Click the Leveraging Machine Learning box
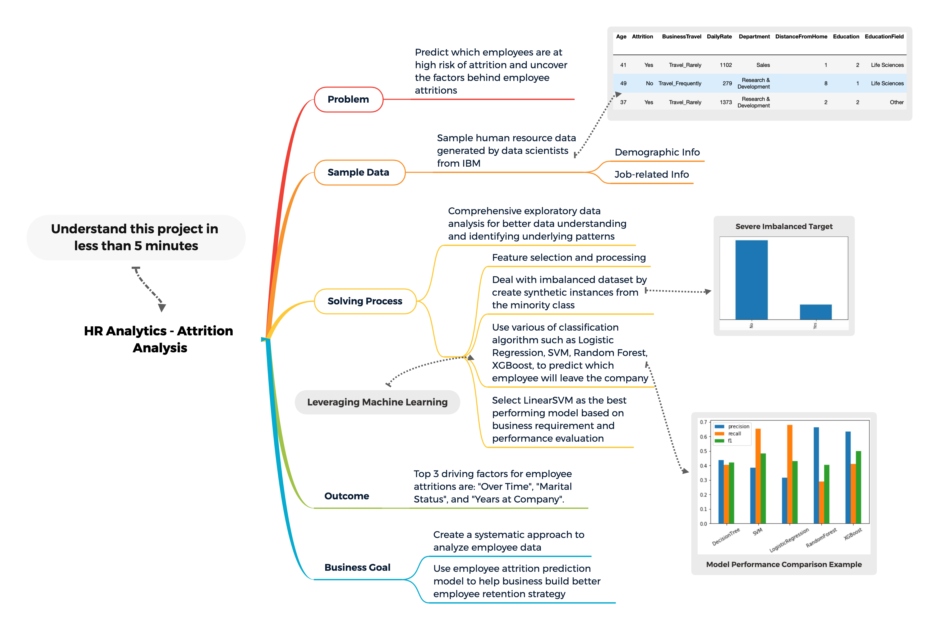pos(377,402)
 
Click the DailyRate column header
pos(719,36)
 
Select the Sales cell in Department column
pos(763,65)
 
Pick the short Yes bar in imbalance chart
pos(816,312)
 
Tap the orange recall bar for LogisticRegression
pos(790,474)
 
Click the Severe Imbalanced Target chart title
pos(784,227)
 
